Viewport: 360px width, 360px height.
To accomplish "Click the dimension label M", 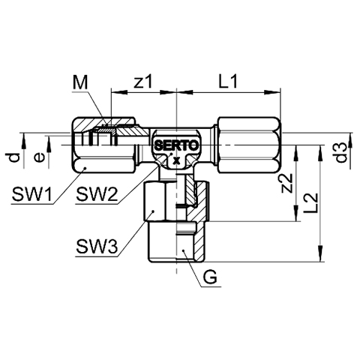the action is tap(80, 83).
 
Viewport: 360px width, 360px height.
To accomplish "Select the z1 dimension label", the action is tap(142, 82).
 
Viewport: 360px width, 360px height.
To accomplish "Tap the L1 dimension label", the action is tap(228, 82).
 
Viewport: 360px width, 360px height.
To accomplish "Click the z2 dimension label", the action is tap(286, 183).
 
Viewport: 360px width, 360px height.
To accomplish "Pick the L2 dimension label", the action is tap(310, 203).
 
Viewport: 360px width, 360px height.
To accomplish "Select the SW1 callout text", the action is tap(32, 195).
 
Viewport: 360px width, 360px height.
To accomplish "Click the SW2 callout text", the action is tap(97, 195).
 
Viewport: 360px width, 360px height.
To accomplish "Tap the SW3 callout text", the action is tap(97, 247).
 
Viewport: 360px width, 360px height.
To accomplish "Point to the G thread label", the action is tap(210, 277).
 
